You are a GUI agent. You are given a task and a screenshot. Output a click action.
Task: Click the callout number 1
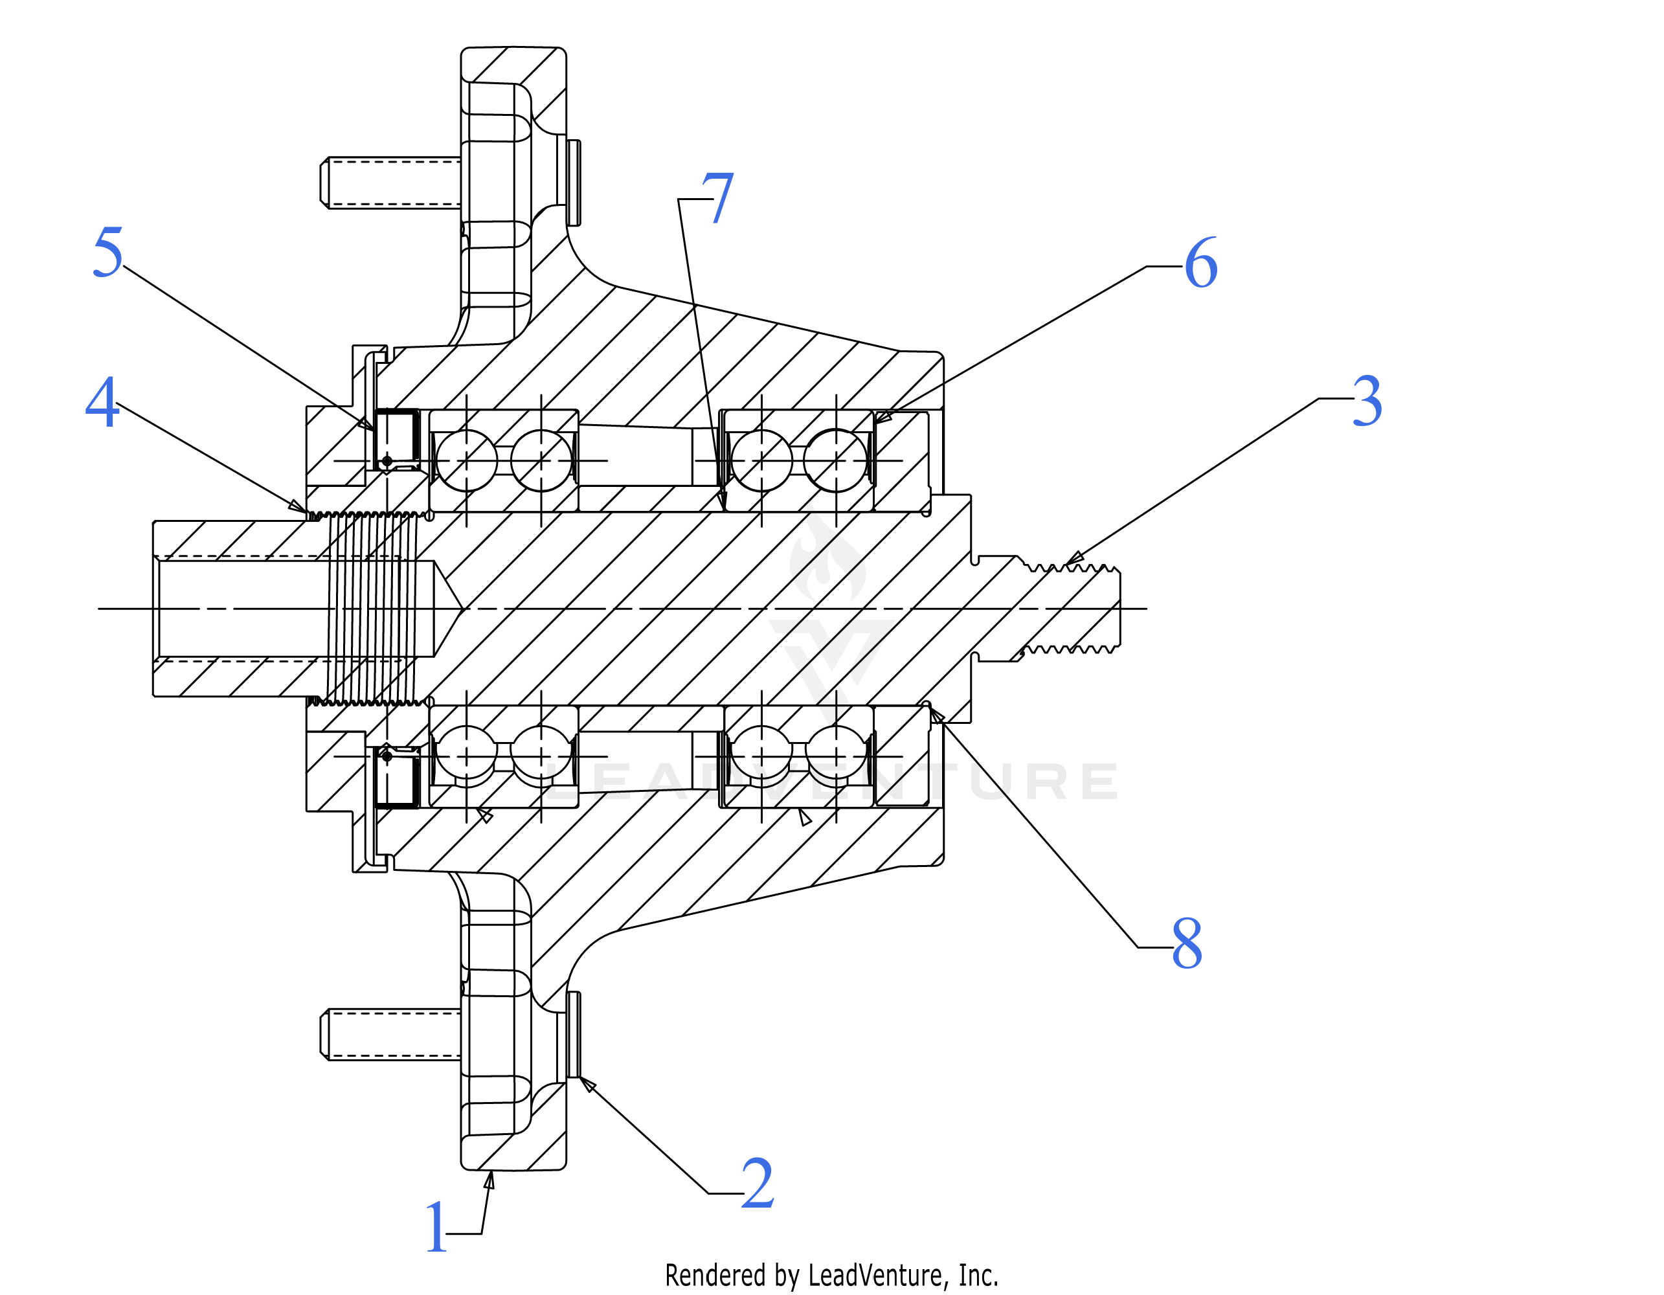pyautogui.click(x=436, y=1226)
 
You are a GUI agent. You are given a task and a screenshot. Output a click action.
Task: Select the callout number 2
pyautogui.click(x=758, y=1183)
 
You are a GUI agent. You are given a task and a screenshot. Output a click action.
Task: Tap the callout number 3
pyautogui.click(x=1367, y=401)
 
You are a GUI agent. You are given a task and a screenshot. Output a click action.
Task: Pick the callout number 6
pyautogui.click(x=1202, y=263)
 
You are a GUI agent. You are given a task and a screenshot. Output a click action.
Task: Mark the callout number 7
pyautogui.click(x=717, y=197)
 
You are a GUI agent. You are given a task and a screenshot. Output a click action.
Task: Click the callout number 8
pyautogui.click(x=1187, y=943)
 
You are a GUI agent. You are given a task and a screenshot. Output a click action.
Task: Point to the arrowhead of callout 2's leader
pyautogui.click(x=587, y=1084)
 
